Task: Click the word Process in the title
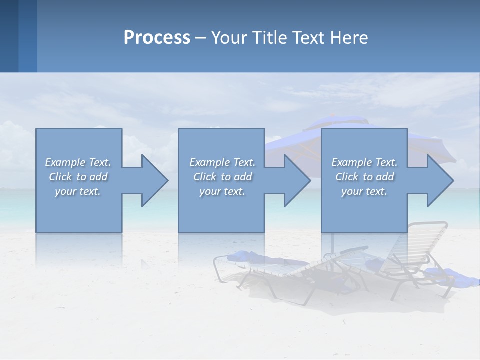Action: (157, 37)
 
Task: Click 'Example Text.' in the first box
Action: (78, 162)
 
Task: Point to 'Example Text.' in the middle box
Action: (222, 162)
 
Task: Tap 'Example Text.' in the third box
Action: (364, 162)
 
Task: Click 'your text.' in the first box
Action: (78, 191)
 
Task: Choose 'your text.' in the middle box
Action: (222, 191)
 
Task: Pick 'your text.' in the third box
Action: (364, 191)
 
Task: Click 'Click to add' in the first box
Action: (78, 177)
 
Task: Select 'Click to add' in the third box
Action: (364, 177)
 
